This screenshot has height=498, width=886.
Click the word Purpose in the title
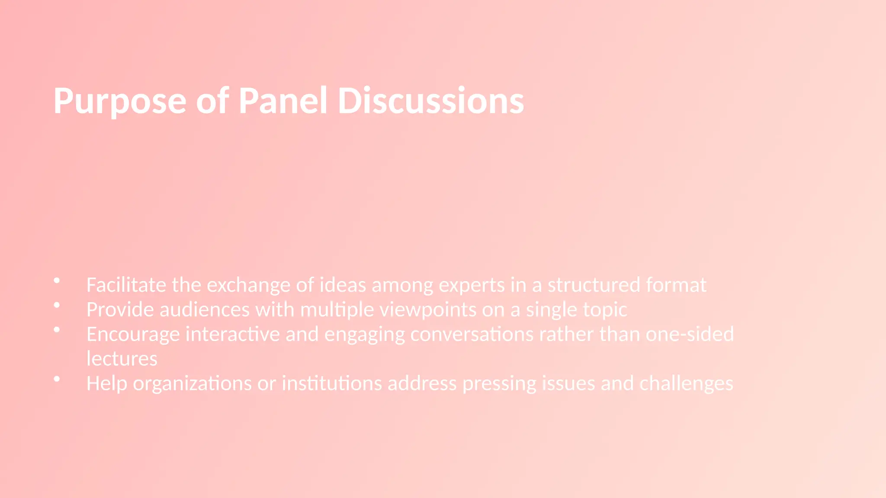[120, 102]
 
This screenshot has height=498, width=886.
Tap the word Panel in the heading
[283, 101]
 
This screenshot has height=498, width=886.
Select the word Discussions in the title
[430, 101]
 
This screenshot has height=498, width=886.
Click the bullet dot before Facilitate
[57, 281]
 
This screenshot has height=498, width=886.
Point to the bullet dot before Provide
[57, 305]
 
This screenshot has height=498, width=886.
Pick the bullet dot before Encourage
[57, 330]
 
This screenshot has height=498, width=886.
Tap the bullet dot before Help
[57, 379]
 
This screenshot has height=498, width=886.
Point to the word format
[676, 285]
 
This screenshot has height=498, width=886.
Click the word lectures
[122, 359]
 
